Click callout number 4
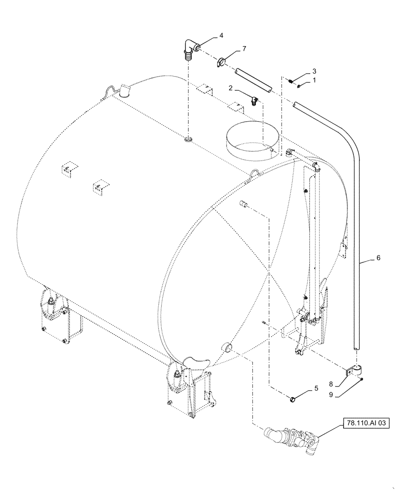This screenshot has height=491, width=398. tap(221, 35)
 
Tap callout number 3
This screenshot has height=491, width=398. tap(314, 71)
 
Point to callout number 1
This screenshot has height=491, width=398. tap(314, 79)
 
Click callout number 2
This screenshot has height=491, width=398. tap(229, 89)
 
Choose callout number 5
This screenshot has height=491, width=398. tap(315, 389)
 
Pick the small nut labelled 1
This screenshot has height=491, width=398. tap(300, 85)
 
